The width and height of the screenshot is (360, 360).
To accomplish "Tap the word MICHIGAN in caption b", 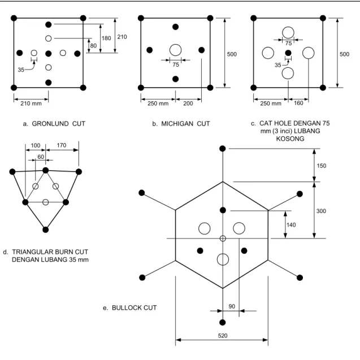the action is [x=177, y=124].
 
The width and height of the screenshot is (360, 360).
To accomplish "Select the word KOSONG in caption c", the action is [x=290, y=138].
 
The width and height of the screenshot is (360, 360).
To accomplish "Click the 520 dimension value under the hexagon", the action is [x=223, y=336].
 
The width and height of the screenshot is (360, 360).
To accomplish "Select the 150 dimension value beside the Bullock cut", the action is [x=321, y=166].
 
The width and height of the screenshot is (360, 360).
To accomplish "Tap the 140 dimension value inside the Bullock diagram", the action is [x=291, y=225].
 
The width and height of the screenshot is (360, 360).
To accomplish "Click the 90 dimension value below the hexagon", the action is [x=232, y=306].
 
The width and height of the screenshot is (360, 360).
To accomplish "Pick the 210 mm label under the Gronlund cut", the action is [x=31, y=103].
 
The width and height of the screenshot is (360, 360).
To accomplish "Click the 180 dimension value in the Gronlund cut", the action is [x=106, y=38].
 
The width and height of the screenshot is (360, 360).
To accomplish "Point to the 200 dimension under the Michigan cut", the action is [x=188, y=103].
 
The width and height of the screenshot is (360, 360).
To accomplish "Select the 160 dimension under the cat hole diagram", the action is [x=298, y=103].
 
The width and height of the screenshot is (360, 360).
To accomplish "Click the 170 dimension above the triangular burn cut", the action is [x=61, y=145].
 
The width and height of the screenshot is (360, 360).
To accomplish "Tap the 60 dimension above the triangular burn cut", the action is [x=41, y=157].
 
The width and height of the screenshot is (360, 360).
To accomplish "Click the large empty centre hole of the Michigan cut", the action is [x=175, y=50].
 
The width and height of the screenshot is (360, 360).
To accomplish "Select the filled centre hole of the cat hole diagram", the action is [x=288, y=53].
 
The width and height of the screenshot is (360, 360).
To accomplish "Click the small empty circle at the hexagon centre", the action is [x=223, y=238].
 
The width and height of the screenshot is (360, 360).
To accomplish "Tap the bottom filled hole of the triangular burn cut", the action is [x=45, y=229].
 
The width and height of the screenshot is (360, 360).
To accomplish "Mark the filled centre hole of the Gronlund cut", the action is [x=48, y=54].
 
